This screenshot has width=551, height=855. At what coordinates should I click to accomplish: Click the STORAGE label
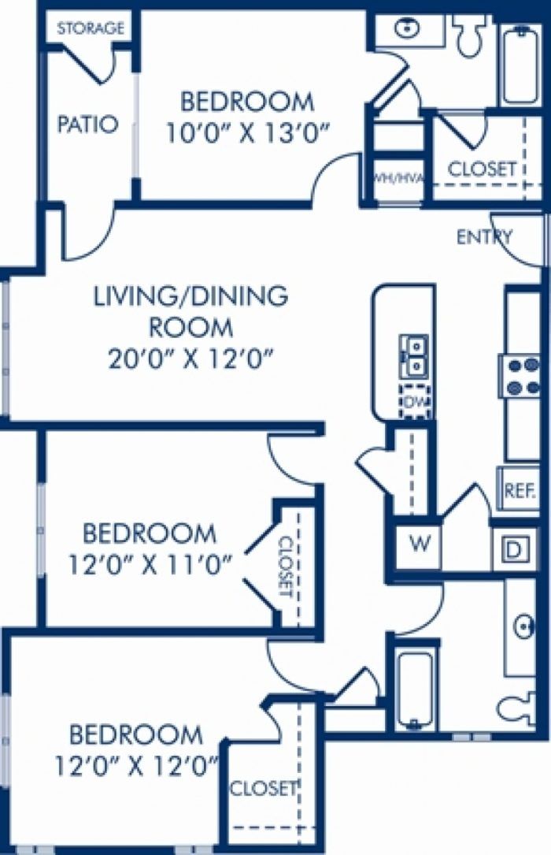click(x=91, y=28)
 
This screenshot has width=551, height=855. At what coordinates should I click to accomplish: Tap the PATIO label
click(x=87, y=125)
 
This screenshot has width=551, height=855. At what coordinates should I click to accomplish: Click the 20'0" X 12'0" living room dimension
click(x=190, y=360)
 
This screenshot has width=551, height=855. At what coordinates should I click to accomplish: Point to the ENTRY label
click(x=484, y=237)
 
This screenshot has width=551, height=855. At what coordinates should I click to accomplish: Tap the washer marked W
click(x=418, y=545)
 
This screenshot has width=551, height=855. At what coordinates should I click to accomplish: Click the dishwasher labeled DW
click(x=416, y=401)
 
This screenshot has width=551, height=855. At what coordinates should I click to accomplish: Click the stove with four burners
click(x=520, y=375)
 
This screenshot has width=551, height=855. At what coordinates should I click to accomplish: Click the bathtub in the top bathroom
click(x=521, y=66)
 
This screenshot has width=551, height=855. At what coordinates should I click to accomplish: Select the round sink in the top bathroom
click(x=406, y=29)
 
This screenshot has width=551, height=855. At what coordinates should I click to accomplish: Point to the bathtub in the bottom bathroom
click(x=414, y=689)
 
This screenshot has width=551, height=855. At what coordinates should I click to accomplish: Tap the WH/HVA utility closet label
click(x=398, y=178)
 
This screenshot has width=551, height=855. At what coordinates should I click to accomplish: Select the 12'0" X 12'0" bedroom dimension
click(x=137, y=768)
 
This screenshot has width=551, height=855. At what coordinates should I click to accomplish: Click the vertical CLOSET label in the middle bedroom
click(x=286, y=567)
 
